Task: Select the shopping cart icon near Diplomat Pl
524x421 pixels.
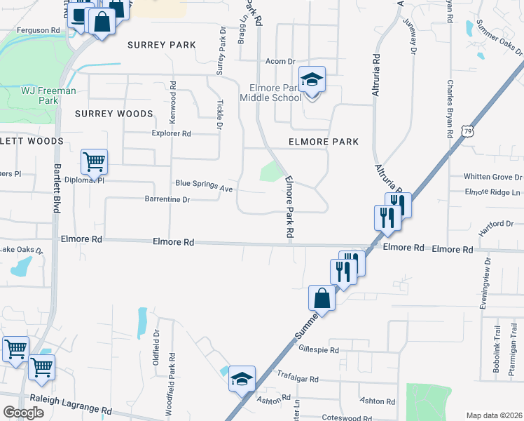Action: pos(94,162)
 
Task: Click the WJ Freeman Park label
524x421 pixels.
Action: pos(48,95)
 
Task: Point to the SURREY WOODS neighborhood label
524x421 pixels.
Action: pos(113,114)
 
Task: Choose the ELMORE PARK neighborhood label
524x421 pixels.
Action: pos(324,142)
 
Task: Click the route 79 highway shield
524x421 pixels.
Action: pos(467,131)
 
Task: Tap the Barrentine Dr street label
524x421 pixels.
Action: pos(167,199)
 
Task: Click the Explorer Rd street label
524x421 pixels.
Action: pos(171,133)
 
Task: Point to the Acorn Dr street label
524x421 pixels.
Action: pos(280,62)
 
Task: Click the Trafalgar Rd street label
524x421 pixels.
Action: pos(298,379)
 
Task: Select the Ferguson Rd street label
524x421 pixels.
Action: pos(40,30)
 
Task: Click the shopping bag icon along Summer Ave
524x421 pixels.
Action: pos(321,298)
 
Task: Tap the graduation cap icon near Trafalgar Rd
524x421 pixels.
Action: pos(242,378)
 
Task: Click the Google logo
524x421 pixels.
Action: pos(25,413)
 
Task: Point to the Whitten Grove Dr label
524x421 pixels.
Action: pos(493,177)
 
